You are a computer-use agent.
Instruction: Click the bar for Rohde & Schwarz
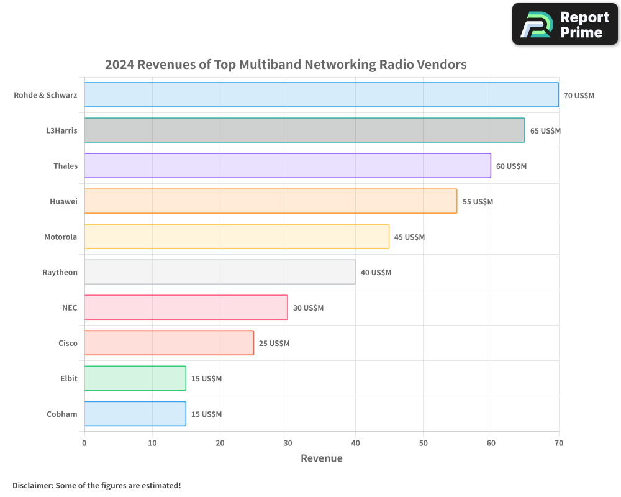(x=321, y=95)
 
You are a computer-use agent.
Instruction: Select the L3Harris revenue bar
(x=304, y=130)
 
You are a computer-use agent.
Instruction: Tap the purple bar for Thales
(x=288, y=166)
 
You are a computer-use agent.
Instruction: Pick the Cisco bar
(x=169, y=343)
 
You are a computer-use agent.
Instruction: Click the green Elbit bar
(x=135, y=378)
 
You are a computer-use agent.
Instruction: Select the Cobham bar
(x=135, y=414)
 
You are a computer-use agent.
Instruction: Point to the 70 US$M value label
(x=579, y=96)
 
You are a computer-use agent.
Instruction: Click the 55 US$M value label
(x=478, y=202)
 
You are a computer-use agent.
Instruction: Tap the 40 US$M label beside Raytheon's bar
(x=376, y=273)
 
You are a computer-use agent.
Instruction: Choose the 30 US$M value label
(x=308, y=308)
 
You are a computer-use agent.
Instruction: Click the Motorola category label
(x=60, y=237)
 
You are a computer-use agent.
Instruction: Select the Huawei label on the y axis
(x=63, y=201)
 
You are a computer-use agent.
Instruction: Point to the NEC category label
(x=70, y=308)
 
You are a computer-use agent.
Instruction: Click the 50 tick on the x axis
(x=423, y=443)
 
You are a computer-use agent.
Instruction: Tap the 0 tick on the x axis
(x=84, y=443)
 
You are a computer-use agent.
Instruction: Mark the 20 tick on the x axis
(x=220, y=443)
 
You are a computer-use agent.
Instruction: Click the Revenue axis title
(x=321, y=458)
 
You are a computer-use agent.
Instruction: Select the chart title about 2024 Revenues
(x=286, y=65)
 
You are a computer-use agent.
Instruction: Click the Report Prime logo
(x=564, y=24)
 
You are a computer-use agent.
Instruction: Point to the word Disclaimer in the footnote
(x=32, y=485)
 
